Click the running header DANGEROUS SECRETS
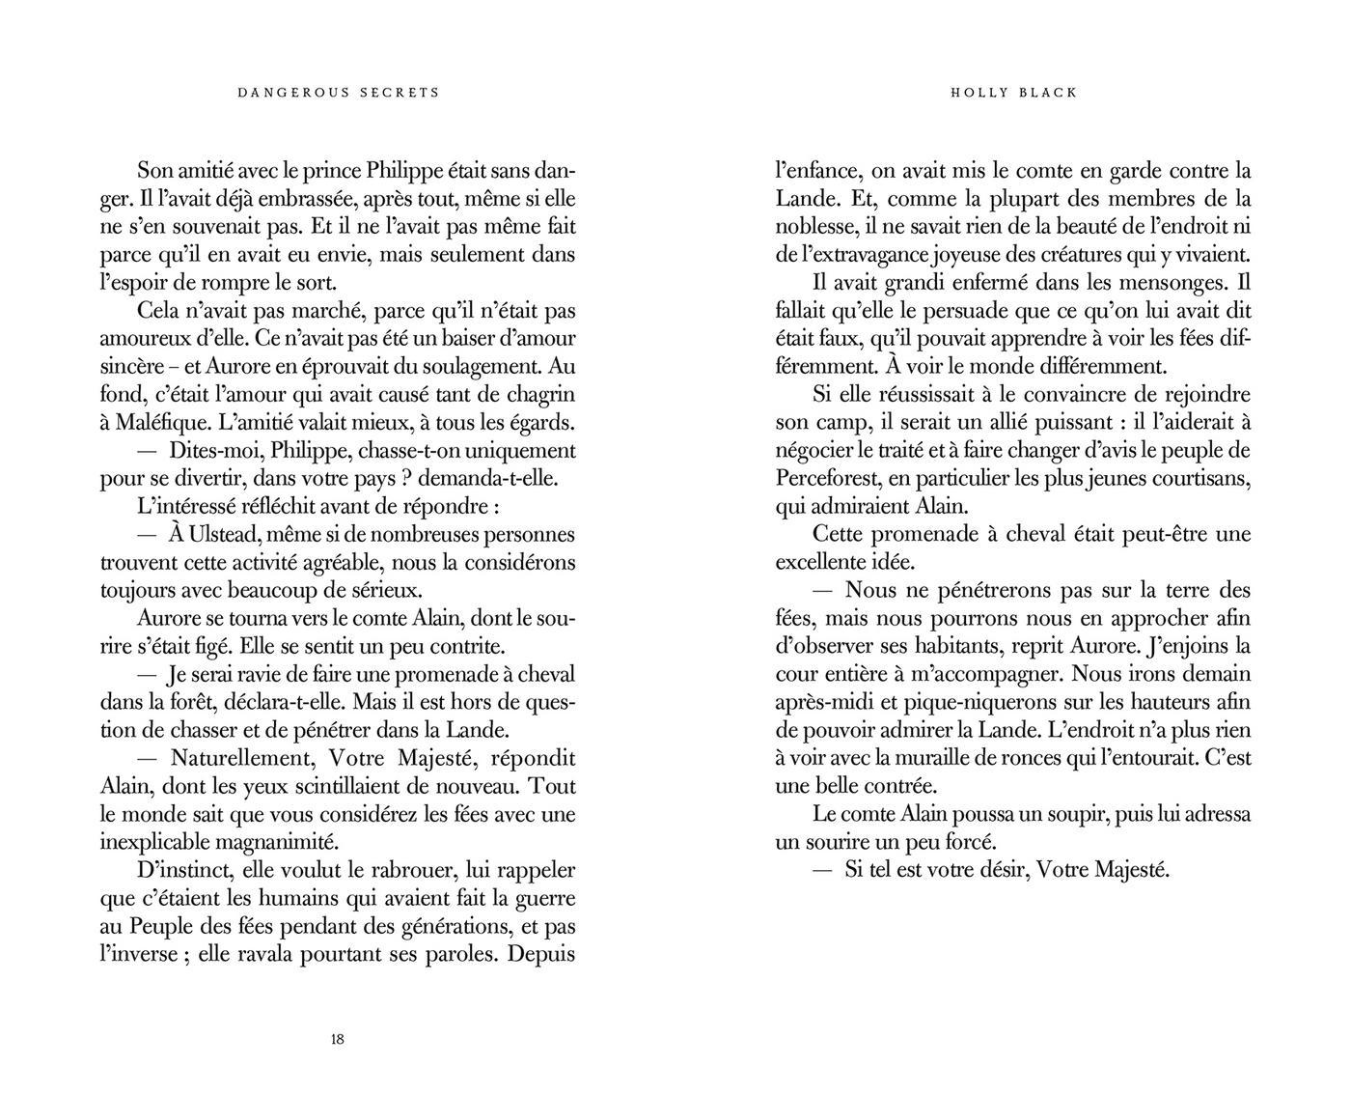click(338, 93)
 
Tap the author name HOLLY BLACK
click(1013, 93)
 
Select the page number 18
click(337, 1040)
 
